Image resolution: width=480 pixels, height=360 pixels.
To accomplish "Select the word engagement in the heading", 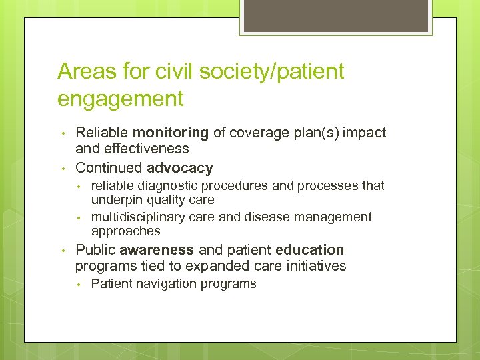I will [120, 99].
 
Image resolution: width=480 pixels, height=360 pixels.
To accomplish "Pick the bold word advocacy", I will [180, 168].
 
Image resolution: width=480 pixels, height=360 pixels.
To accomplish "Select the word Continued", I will [109, 168].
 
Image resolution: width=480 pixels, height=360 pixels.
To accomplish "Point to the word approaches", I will [126, 231].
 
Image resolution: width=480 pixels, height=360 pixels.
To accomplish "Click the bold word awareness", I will [157, 250].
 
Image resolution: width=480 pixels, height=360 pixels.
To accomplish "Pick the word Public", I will [95, 250].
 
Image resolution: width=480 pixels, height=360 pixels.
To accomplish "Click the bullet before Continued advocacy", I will [62, 168].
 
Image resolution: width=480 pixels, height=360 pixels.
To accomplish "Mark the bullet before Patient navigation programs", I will [78, 284].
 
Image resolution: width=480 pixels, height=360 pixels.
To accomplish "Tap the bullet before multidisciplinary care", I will [78, 217].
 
